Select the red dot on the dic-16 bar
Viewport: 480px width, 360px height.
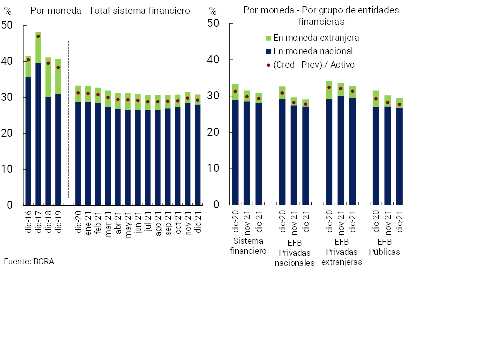28,60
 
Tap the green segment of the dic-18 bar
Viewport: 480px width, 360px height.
48,77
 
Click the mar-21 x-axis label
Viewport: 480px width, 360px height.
108,220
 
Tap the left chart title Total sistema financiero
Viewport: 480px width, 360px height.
110,11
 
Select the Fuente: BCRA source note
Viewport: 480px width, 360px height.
29,261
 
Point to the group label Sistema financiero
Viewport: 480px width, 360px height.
248,246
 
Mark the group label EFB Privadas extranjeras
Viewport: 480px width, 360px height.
341,252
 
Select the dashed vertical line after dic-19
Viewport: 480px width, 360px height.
68,120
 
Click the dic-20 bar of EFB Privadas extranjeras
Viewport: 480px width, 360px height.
329,150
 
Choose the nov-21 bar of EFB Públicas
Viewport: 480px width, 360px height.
388,155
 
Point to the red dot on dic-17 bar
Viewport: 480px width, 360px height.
38,36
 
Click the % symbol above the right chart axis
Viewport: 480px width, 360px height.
213,11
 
